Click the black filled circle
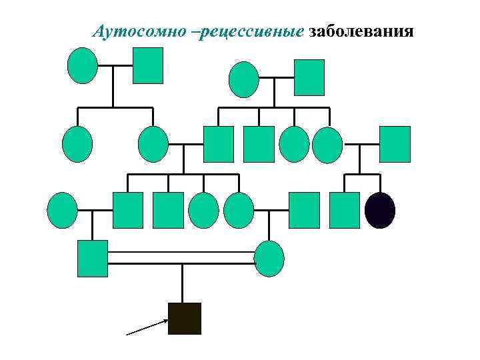[x=380, y=210]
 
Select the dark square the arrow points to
[x=185, y=318]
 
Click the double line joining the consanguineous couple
[x=181, y=258]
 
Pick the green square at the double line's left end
[x=93, y=258]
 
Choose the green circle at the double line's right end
[x=269, y=258]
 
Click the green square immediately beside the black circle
[x=345, y=210]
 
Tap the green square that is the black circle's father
[x=395, y=144]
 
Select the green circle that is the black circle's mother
[x=327, y=145]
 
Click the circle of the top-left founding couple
[x=83, y=65]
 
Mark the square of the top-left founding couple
[x=147, y=65]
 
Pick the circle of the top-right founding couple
[x=243, y=79]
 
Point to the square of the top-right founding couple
[x=309, y=77]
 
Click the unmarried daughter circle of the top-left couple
[x=77, y=145]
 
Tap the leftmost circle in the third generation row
[x=63, y=210]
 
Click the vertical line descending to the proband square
[x=183, y=283]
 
